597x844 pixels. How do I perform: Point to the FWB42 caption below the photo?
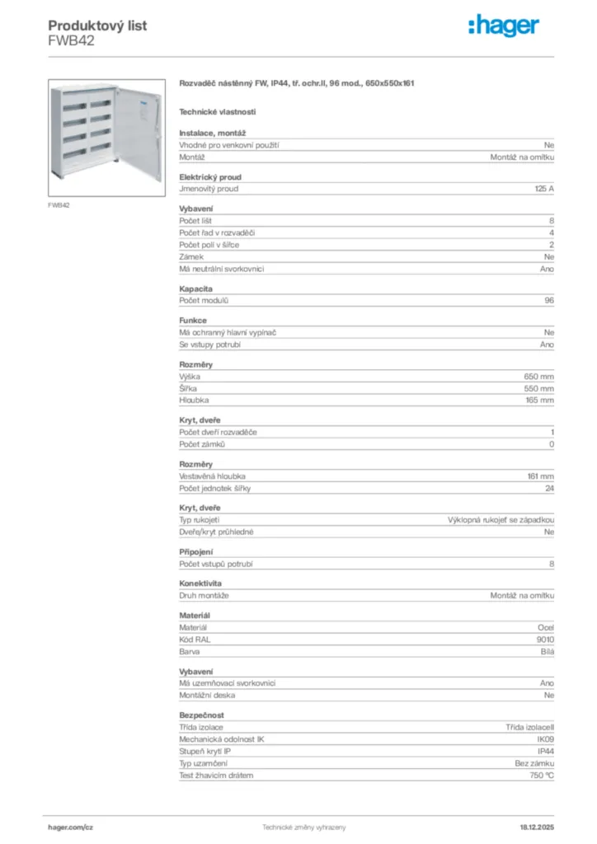pyautogui.click(x=59, y=205)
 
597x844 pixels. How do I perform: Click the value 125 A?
pyautogui.click(x=544, y=189)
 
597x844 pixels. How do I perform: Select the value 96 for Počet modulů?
pyautogui.click(x=548, y=301)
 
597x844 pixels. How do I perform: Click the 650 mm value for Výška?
pyautogui.click(x=539, y=377)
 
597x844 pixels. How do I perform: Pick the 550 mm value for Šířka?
pyautogui.click(x=539, y=388)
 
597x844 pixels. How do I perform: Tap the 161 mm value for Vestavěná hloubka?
pyautogui.click(x=540, y=476)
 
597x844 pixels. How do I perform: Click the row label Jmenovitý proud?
pyautogui.click(x=209, y=189)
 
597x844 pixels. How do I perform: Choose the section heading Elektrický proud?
pyautogui.click(x=210, y=176)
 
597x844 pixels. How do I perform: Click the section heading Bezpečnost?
pyautogui.click(x=201, y=715)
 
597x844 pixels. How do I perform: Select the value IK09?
pyautogui.click(x=545, y=739)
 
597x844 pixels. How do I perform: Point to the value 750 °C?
pyautogui.click(x=542, y=776)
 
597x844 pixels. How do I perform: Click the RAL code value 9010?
pyautogui.click(x=545, y=640)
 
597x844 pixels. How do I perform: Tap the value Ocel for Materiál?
pyautogui.click(x=546, y=627)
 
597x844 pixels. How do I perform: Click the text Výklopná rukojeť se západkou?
pyautogui.click(x=501, y=520)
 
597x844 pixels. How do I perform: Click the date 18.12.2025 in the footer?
pyautogui.click(x=537, y=827)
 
